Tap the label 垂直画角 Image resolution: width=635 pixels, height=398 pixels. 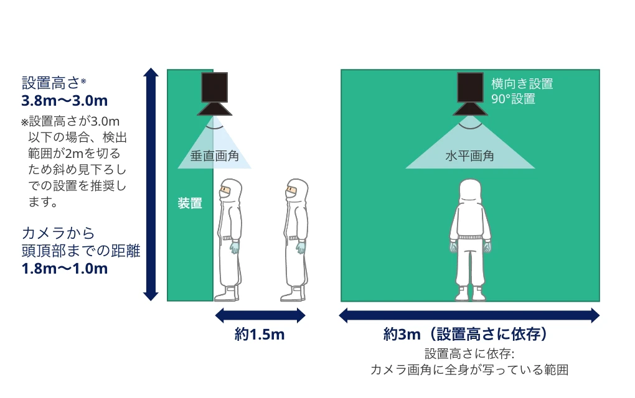pos(214,156)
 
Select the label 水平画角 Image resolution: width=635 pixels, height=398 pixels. pos(469,156)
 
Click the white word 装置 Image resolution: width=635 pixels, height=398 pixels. pos(190,203)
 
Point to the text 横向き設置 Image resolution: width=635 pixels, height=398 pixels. pos(522,84)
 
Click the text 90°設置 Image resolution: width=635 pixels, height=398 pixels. pos(513,99)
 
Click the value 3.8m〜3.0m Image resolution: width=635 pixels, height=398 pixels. pos(65,100)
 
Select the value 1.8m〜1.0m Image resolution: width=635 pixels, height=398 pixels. pos(65,269)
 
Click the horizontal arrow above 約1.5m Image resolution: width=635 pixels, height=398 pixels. pos(260,316)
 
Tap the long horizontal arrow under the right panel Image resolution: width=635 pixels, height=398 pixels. pos(469,316)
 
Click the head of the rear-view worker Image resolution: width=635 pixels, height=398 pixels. pos(471,193)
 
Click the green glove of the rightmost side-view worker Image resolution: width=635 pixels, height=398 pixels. pos(301,248)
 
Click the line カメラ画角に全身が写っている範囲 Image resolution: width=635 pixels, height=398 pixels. pos(469,370)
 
